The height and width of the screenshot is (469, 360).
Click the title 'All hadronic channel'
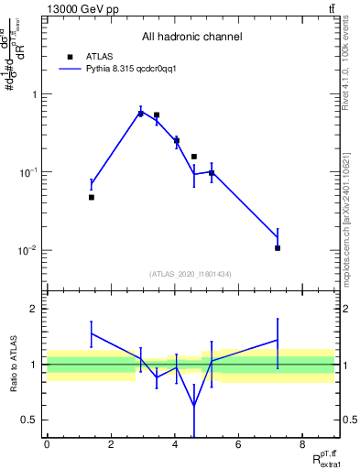point(191,37)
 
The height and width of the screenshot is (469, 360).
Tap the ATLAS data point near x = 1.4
point(92,197)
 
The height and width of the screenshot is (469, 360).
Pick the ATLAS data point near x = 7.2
point(278,247)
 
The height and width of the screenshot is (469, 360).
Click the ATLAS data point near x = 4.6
point(194,157)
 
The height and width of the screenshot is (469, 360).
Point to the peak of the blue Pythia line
point(140,112)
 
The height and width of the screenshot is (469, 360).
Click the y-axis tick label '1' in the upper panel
point(35,94)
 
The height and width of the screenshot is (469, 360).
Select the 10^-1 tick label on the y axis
point(30,172)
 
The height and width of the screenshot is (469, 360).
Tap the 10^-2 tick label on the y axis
point(30,250)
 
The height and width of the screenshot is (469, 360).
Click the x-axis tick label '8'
point(301,444)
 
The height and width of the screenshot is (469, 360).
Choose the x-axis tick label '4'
point(174,444)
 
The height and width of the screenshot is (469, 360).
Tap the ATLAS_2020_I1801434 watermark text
point(191,274)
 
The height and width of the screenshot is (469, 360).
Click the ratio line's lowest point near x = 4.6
point(194,406)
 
